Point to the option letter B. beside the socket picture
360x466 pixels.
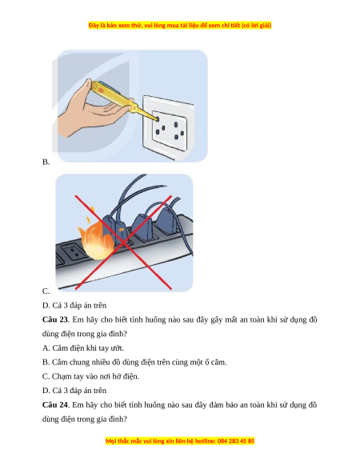click(46, 163)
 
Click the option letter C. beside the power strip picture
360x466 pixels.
click(46, 291)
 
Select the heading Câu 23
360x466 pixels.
click(55, 319)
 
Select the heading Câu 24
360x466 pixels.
click(55, 405)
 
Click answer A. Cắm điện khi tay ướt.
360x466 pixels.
click(83, 348)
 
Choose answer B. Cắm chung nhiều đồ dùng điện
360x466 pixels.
click(134, 362)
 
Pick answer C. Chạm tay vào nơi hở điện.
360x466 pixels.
click(90, 376)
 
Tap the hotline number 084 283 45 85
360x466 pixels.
click(236, 441)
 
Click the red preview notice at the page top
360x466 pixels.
click(180, 26)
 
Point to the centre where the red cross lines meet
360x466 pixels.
click(123, 243)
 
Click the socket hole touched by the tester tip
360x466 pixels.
click(157, 119)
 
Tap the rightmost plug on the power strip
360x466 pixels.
click(167, 220)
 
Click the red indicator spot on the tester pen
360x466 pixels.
click(102, 90)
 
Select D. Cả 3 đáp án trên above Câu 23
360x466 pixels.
click(74, 306)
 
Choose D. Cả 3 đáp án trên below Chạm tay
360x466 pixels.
click(74, 391)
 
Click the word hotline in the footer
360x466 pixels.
click(206, 441)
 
